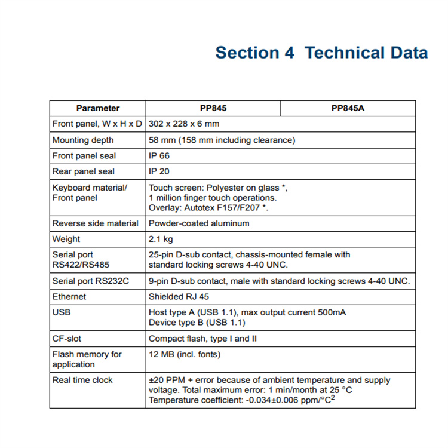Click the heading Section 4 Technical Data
click(321, 53)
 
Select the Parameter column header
click(97, 108)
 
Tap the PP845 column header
click(213, 108)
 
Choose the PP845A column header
click(348, 108)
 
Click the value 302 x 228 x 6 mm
click(184, 124)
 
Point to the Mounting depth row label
click(83, 140)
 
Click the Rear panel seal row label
click(84, 171)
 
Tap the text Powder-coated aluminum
click(199, 223)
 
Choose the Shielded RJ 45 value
click(179, 296)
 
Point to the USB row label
click(62, 312)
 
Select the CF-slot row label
click(66, 338)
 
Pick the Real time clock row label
click(82, 380)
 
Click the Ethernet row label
click(69, 296)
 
